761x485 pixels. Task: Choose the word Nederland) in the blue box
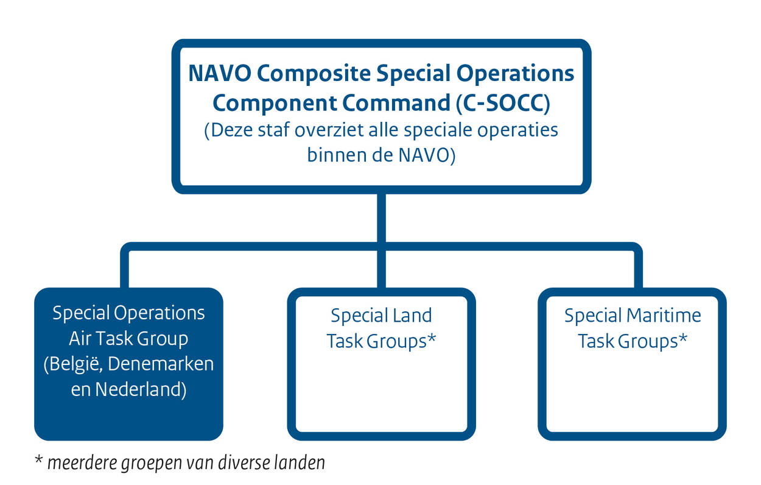[x=140, y=389]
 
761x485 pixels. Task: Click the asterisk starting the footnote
[x=38, y=460]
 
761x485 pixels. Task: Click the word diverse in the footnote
[x=240, y=463]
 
